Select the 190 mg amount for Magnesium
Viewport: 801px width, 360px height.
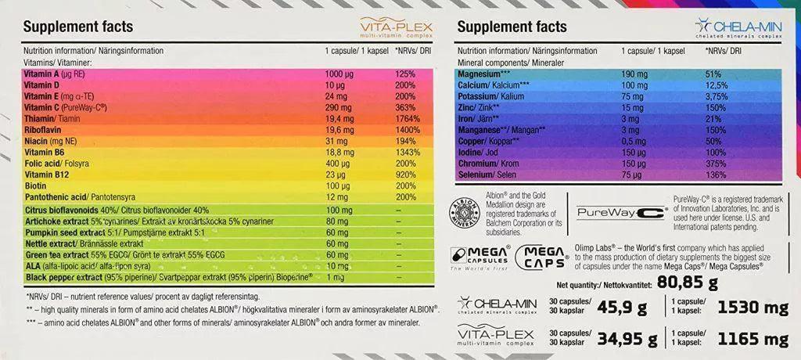(x=635, y=74)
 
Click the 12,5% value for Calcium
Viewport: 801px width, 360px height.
(x=718, y=85)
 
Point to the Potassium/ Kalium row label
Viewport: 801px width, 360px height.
(x=490, y=95)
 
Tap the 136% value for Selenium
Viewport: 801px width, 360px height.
(x=715, y=176)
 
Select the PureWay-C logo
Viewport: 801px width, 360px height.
(x=620, y=212)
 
